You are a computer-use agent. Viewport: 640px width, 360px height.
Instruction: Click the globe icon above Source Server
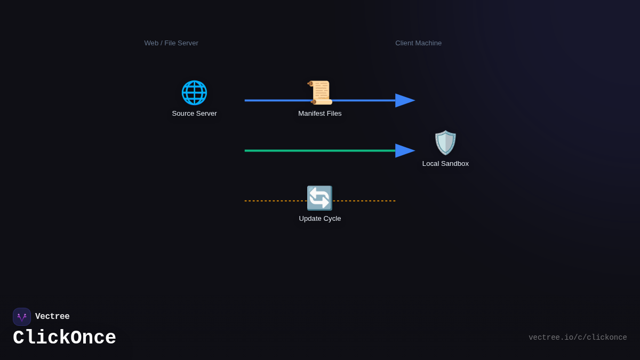point(194,93)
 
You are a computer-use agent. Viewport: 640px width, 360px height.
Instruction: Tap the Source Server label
point(194,114)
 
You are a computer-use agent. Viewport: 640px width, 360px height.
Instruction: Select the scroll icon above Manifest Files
point(320,93)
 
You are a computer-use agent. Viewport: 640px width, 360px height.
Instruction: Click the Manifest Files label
point(320,114)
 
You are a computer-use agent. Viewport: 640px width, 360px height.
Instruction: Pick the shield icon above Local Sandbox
point(445,143)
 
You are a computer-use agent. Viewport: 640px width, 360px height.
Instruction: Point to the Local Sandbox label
point(445,164)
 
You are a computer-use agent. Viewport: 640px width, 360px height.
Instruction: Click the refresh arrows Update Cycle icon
point(319,198)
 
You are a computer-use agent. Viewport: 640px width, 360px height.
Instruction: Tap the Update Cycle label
point(320,219)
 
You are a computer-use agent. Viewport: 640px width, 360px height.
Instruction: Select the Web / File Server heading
point(171,43)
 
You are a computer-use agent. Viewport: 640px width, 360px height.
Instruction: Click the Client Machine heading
point(419,43)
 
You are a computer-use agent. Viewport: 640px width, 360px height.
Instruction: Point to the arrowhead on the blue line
point(405,100)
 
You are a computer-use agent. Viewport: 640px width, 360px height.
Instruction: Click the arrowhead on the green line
point(405,151)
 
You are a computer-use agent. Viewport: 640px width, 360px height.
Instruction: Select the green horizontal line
point(320,151)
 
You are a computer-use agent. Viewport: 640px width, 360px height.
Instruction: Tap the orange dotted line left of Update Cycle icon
point(275,201)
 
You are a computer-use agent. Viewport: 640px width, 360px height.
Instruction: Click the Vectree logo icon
point(22,317)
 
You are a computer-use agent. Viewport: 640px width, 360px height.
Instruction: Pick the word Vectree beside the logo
point(52,317)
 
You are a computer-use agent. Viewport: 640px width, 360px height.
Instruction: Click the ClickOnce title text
point(65,338)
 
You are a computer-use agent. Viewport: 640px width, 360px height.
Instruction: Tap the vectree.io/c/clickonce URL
point(578,338)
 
